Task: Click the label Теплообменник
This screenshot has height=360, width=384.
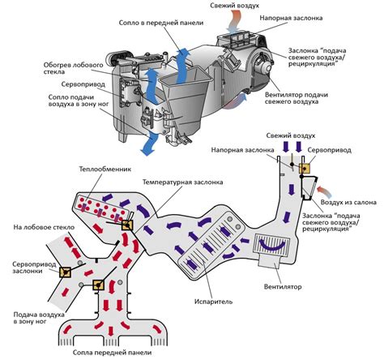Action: coord(105,169)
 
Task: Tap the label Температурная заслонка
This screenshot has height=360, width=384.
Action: coord(183,182)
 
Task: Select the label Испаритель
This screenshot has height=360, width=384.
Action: coord(213,302)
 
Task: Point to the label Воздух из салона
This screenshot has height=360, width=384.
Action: coord(348,203)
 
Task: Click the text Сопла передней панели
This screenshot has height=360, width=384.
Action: coord(112,353)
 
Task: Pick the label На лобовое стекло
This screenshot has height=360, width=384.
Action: coord(44,227)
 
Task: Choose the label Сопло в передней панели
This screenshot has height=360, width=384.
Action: coord(161,23)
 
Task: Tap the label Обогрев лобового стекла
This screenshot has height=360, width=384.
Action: coord(73,68)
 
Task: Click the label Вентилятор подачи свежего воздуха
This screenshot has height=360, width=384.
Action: coord(297,98)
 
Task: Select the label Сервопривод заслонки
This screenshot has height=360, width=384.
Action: coord(34,268)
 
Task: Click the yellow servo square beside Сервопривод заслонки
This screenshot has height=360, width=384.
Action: coord(65,272)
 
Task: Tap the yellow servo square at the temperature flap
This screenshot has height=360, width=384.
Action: coord(127,225)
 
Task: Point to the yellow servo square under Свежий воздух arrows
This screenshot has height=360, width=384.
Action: coord(305,169)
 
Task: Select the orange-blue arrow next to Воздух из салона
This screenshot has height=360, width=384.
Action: coord(324,191)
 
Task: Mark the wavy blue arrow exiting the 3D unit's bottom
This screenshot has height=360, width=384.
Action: coord(150,144)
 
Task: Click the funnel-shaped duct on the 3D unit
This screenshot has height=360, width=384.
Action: coord(186,99)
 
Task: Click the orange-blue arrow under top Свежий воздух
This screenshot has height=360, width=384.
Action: coord(234,21)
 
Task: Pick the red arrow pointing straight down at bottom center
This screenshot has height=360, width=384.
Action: coord(110,332)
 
